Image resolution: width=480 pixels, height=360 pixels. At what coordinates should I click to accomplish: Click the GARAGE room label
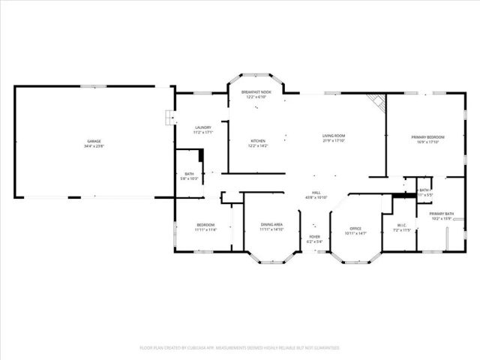click(x=93, y=141)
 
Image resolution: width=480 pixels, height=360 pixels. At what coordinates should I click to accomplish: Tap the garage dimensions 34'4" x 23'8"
click(x=93, y=145)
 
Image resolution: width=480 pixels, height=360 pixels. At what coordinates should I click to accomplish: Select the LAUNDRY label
click(x=202, y=127)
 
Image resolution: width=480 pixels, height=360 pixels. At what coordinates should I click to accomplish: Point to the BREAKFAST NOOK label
click(x=255, y=91)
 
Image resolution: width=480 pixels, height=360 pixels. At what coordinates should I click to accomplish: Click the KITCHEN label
click(x=258, y=140)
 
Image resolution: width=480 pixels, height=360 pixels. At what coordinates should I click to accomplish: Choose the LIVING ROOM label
click(x=333, y=136)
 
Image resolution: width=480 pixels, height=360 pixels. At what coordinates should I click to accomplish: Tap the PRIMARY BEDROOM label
click(x=427, y=136)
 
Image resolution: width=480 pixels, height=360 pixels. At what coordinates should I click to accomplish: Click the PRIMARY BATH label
click(x=442, y=214)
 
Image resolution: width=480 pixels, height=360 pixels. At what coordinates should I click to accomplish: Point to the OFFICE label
click(x=356, y=229)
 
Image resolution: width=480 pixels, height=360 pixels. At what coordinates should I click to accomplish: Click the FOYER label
click(x=314, y=237)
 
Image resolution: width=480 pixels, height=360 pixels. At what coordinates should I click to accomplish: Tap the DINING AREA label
click(x=271, y=224)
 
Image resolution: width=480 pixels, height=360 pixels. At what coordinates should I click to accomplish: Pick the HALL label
click(x=317, y=193)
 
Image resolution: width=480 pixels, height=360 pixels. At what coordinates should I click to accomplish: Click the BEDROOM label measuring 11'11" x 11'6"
click(x=205, y=225)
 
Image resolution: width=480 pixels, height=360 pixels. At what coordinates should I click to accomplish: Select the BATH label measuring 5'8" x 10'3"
click(x=188, y=173)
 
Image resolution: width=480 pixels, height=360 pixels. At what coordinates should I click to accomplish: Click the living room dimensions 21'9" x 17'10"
click(x=333, y=141)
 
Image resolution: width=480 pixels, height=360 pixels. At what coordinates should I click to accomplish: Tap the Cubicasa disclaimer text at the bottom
click(x=240, y=348)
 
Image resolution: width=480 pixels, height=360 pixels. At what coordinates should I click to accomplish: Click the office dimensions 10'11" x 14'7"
click(x=356, y=234)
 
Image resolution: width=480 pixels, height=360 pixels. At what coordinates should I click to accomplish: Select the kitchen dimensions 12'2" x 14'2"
click(x=258, y=145)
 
